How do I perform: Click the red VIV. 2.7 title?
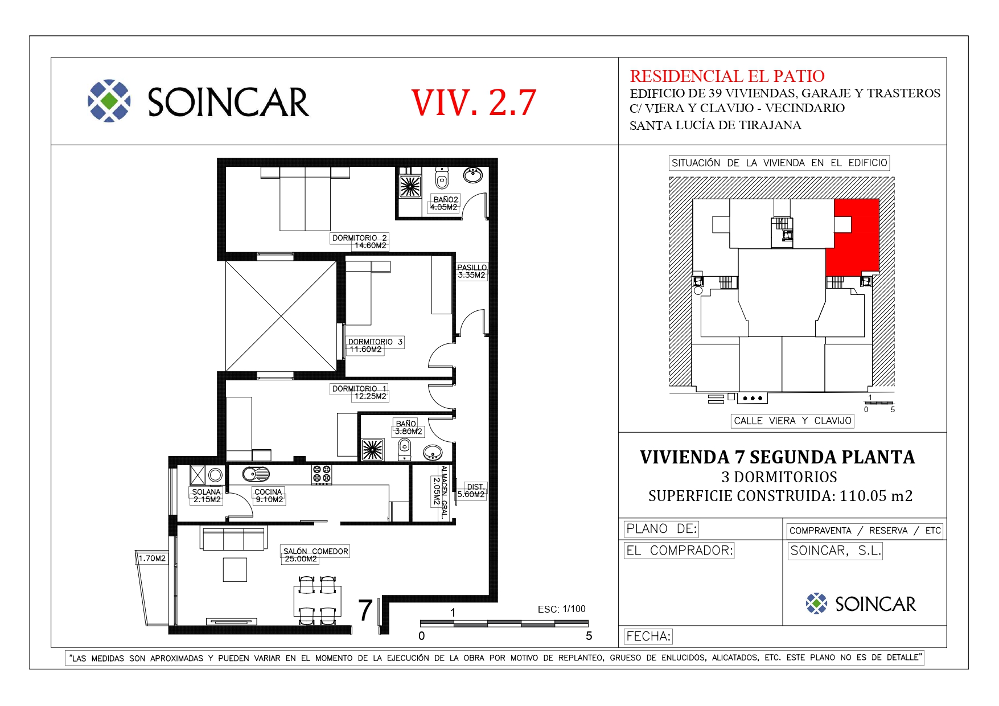[x=474, y=102]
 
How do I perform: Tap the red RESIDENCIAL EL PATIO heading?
[x=727, y=76]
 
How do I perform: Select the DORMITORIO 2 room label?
[x=360, y=237]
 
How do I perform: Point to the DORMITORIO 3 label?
[x=376, y=342]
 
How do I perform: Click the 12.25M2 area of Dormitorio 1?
[x=370, y=396]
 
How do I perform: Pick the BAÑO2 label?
[x=446, y=199]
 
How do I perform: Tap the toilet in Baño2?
[x=442, y=178]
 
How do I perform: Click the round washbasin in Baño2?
[x=473, y=175]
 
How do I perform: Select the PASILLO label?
[x=472, y=267]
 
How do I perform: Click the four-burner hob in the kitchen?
[x=322, y=475]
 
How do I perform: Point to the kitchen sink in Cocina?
[x=256, y=474]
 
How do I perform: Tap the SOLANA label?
[x=206, y=492]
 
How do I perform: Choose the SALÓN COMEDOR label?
[x=316, y=551]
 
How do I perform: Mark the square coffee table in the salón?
[x=235, y=569]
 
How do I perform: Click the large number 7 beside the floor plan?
[x=365, y=610]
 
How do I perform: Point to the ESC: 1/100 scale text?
[x=561, y=609]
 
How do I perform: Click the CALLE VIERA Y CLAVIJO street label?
[x=792, y=421]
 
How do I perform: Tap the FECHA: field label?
[x=648, y=636]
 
